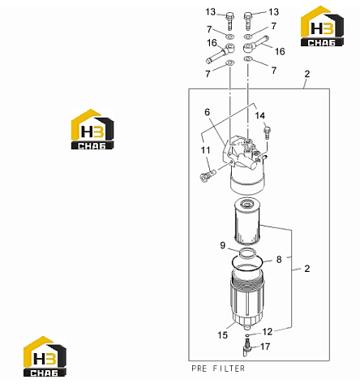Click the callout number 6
click(207, 112)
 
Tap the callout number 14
click(260, 115)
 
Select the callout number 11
click(205, 150)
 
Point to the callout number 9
click(222, 245)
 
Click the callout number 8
click(279, 260)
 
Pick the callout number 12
click(268, 331)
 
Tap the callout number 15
click(222, 335)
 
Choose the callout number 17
click(265, 347)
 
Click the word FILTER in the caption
click(229, 369)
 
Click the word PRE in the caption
click(199, 369)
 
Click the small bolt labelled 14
click(267, 132)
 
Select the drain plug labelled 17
click(246, 349)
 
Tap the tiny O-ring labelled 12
click(247, 336)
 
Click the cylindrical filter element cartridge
click(247, 221)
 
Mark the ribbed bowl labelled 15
click(247, 297)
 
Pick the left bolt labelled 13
click(229, 21)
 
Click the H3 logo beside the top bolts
click(322, 26)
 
